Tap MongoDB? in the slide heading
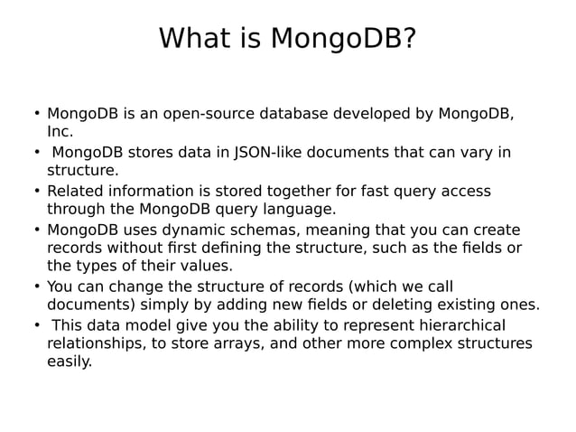click(x=343, y=39)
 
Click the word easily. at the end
click(x=70, y=362)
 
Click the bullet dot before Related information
click(x=37, y=191)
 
